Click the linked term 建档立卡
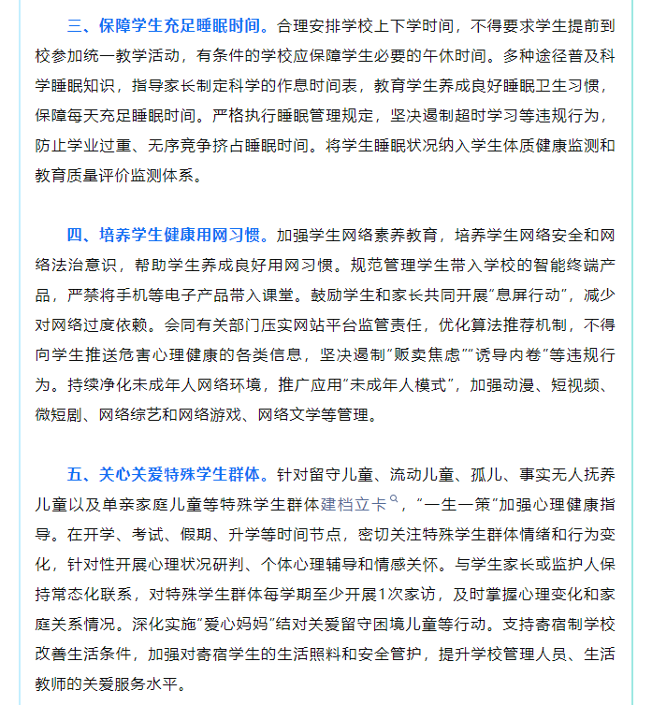pyautogui.click(x=354, y=504)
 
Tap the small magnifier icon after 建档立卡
pyautogui.click(x=395, y=501)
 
